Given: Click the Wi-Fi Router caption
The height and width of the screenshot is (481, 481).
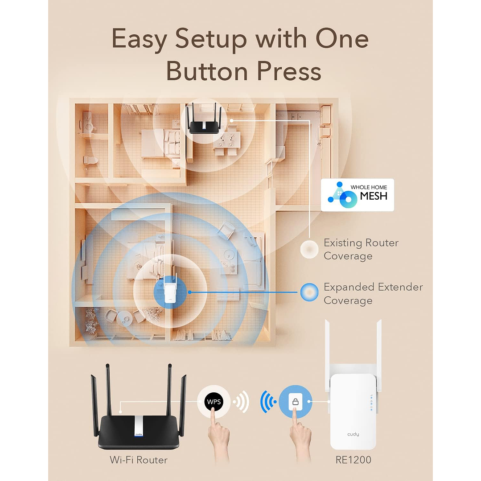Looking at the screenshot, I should (139, 460).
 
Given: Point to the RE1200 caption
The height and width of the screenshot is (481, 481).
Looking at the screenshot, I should (353, 460).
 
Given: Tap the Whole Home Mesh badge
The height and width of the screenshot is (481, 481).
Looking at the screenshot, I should (357, 195).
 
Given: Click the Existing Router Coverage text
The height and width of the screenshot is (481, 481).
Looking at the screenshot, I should (361, 249).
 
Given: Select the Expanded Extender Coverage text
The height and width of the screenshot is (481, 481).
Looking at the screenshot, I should (373, 293).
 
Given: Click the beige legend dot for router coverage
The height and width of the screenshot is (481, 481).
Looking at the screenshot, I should (308, 249).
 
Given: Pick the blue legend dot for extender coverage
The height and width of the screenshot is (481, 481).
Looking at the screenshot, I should (308, 292).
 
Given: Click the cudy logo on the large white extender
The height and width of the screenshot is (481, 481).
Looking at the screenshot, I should (353, 434).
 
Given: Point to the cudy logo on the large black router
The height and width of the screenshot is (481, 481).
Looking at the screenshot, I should (139, 434).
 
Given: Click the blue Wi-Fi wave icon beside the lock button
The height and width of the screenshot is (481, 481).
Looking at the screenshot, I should (267, 402).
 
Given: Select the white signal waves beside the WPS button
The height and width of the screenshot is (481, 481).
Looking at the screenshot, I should (241, 403).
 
